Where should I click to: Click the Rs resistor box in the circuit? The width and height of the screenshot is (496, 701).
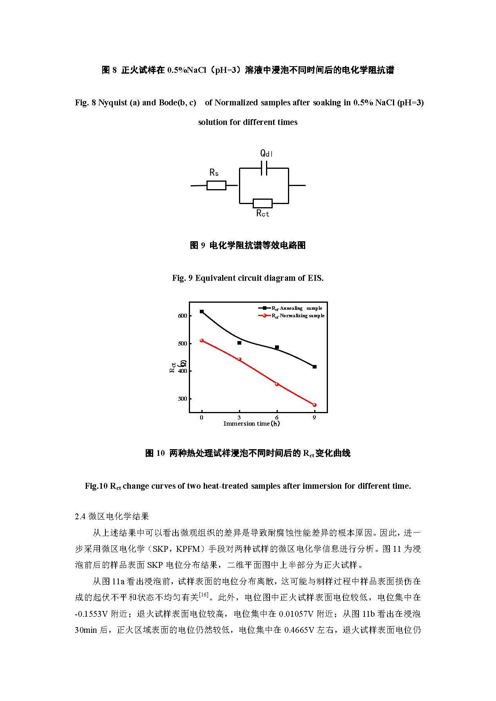216,185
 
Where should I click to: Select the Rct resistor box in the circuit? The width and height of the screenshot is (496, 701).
262,203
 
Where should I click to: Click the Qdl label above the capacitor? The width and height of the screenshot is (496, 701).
266,153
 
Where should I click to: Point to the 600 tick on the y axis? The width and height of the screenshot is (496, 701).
183,316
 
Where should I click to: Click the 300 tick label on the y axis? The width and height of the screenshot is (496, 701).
183,399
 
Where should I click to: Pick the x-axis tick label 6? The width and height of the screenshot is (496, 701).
277,417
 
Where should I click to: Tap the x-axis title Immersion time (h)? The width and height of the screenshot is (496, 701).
252,424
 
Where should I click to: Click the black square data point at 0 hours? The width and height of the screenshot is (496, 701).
202,312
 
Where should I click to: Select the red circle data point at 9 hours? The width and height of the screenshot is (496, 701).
314,405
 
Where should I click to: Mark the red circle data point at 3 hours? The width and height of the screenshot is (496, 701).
239,360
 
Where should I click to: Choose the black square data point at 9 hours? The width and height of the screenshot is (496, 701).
314,367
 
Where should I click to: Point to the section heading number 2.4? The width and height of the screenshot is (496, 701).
80,517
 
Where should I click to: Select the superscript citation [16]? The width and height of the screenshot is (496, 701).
204,594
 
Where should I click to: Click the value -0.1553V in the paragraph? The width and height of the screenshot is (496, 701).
91,614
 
